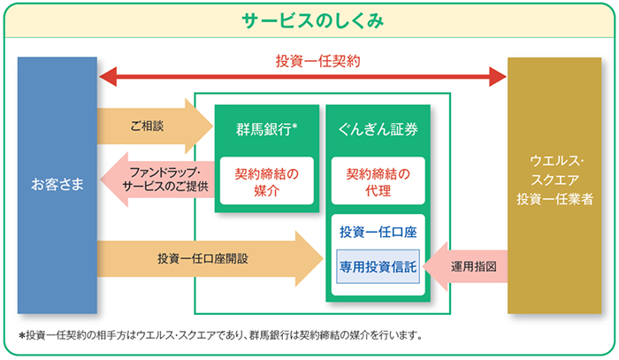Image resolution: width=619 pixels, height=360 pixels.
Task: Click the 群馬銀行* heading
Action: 263,129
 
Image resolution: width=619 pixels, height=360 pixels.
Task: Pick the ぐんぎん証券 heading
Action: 378,129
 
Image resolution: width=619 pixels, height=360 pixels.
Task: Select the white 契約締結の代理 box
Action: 378,180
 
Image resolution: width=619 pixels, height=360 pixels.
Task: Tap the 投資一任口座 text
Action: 378,232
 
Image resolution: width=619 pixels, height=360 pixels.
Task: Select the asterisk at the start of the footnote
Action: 21,337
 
